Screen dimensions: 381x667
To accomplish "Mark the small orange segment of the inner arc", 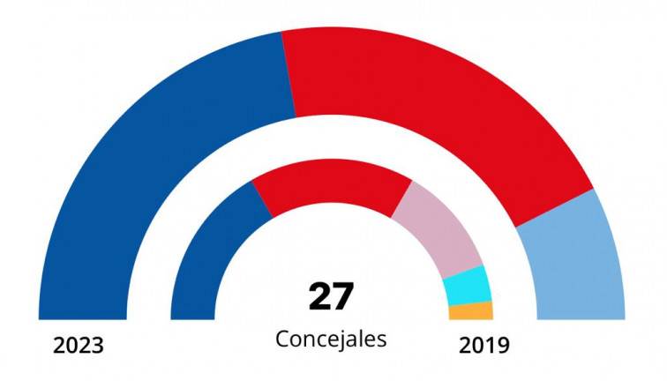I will tap(470, 310).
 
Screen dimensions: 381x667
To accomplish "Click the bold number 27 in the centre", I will tap(331, 297).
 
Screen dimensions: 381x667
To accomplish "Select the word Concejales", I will tap(331, 339).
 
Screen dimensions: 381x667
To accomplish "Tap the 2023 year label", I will tap(79, 345).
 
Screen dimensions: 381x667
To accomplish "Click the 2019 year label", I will tap(483, 345).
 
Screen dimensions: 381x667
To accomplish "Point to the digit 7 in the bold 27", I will tap(343, 297).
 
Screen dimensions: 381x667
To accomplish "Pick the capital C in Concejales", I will tap(282, 339).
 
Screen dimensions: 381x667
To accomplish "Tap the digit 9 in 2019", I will tap(503, 345).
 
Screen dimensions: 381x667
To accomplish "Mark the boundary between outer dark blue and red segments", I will tap(289, 75).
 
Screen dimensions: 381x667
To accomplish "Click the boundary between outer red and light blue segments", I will tap(554, 208).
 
